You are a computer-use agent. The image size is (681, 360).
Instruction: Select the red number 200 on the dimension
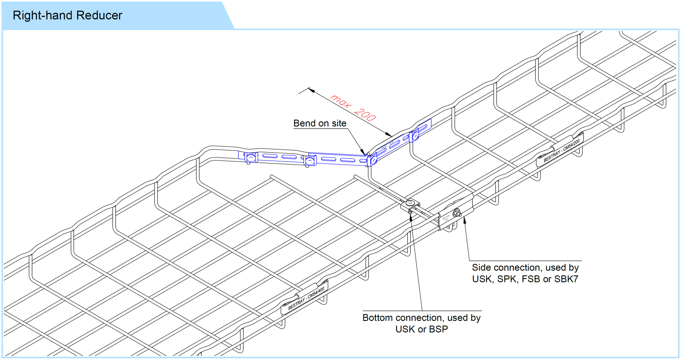(365, 115)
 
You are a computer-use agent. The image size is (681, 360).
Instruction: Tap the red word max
(341, 101)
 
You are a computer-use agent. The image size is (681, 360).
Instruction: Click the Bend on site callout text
(320, 123)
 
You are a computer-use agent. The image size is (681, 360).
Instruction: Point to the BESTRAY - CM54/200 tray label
(562, 150)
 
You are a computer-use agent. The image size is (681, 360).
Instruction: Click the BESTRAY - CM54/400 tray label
(306, 298)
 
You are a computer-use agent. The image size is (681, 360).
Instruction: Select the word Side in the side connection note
(481, 267)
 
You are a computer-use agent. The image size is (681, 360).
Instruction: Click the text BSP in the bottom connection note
(438, 329)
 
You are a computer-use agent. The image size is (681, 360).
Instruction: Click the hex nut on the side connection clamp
(457, 213)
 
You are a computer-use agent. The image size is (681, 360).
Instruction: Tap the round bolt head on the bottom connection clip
(410, 203)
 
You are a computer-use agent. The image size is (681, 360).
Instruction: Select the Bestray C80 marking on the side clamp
(446, 218)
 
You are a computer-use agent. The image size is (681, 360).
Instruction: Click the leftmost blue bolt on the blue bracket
(251, 158)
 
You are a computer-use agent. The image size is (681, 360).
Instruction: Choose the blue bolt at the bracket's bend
(373, 160)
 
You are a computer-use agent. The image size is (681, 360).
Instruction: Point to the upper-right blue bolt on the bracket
(415, 136)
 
